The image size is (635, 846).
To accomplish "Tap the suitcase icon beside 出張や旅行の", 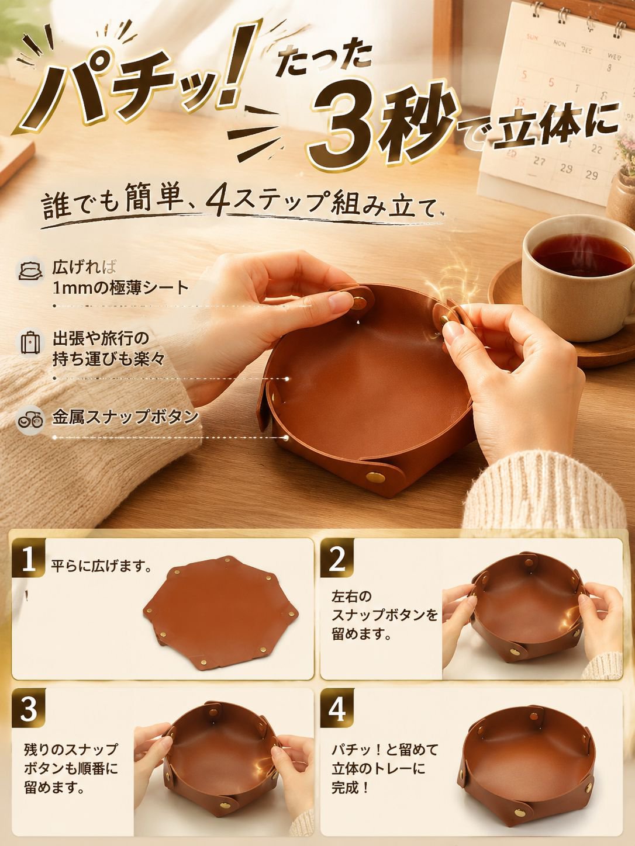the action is tap(30, 342).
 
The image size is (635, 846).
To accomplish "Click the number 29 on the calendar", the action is tap(591, 175).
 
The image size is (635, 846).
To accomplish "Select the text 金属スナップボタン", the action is tap(125, 417).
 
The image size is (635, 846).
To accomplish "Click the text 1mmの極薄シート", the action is tap(120, 288).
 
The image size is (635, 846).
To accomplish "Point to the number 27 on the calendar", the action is tap(539, 161).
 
